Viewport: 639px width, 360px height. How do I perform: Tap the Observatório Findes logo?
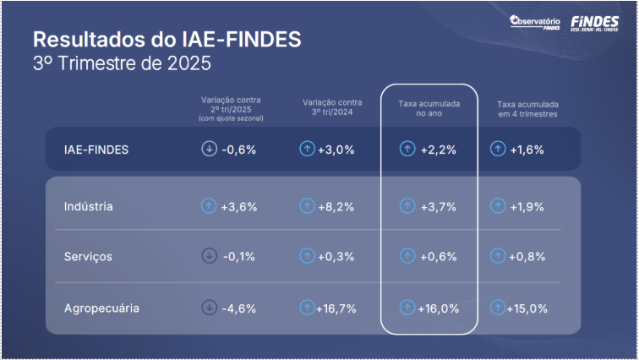tap(535, 23)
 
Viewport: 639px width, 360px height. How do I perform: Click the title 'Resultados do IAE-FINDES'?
tap(167, 40)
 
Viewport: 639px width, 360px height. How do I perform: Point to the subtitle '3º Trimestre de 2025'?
tap(122, 63)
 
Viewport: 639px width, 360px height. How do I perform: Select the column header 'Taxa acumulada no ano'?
tap(429, 108)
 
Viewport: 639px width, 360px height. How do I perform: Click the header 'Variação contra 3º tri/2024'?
tap(332, 108)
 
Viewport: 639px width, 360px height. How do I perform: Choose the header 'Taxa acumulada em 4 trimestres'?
tap(527, 109)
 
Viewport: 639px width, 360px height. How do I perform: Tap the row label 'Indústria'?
tap(89, 206)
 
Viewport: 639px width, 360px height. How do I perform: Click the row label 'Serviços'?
tap(88, 257)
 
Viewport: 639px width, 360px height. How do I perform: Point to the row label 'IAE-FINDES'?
tap(96, 150)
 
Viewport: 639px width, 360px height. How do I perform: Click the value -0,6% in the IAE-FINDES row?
tap(238, 150)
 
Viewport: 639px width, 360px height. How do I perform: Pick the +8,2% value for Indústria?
tap(336, 206)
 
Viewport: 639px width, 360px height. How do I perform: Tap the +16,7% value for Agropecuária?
tap(336, 308)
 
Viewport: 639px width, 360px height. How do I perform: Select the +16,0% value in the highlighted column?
tap(438, 308)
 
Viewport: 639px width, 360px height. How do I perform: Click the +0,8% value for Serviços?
tap(527, 257)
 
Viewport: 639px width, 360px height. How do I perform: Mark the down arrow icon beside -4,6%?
tap(209, 308)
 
